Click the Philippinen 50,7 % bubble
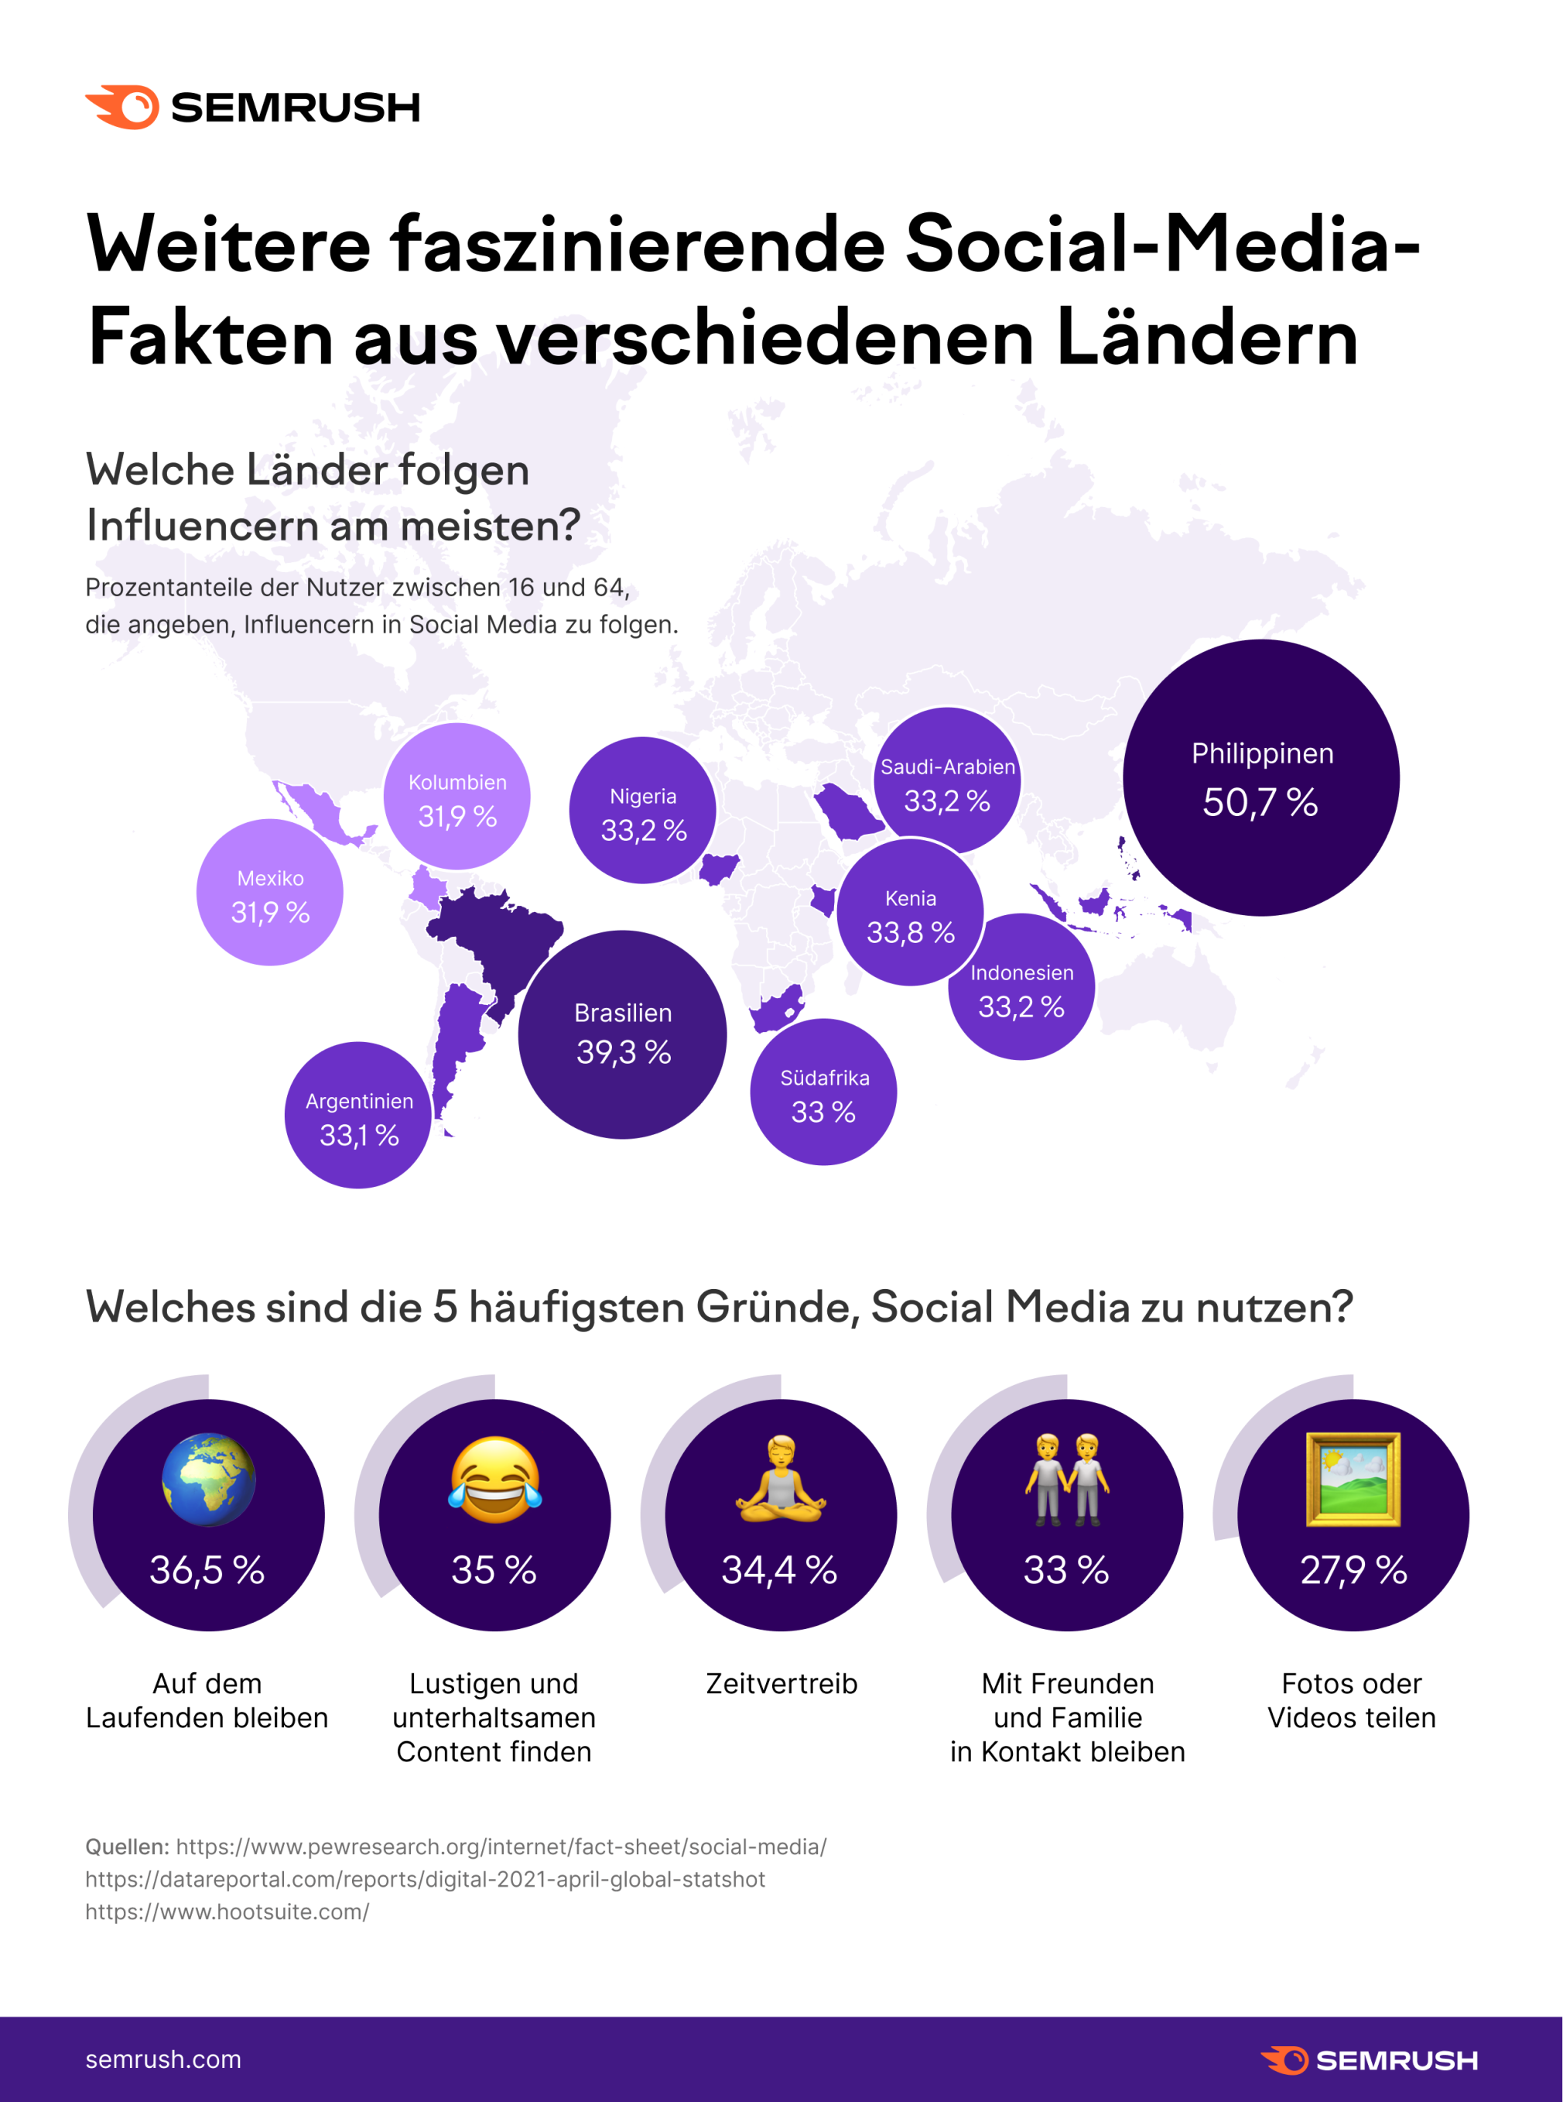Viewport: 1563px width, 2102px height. click(x=1260, y=777)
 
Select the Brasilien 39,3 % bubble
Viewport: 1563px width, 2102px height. click(x=623, y=1034)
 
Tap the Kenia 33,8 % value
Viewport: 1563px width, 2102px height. click(x=910, y=932)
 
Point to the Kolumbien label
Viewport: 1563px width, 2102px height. click(x=457, y=783)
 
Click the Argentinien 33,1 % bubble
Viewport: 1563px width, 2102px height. click(x=357, y=1116)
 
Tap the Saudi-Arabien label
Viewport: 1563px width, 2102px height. click(x=947, y=766)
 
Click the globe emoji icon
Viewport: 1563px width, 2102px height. click(x=208, y=1480)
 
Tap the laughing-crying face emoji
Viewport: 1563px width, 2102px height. click(x=495, y=1480)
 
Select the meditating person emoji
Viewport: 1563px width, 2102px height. click(x=781, y=1480)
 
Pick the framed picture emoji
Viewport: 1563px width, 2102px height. click(x=1353, y=1480)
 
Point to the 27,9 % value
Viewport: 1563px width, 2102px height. click(x=1353, y=1570)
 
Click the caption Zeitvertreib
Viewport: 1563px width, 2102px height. click(x=781, y=1684)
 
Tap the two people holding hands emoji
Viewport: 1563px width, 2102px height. click(x=1066, y=1480)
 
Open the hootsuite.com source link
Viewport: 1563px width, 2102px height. click(x=227, y=1912)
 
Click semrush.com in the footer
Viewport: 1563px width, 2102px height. click(x=162, y=2059)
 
